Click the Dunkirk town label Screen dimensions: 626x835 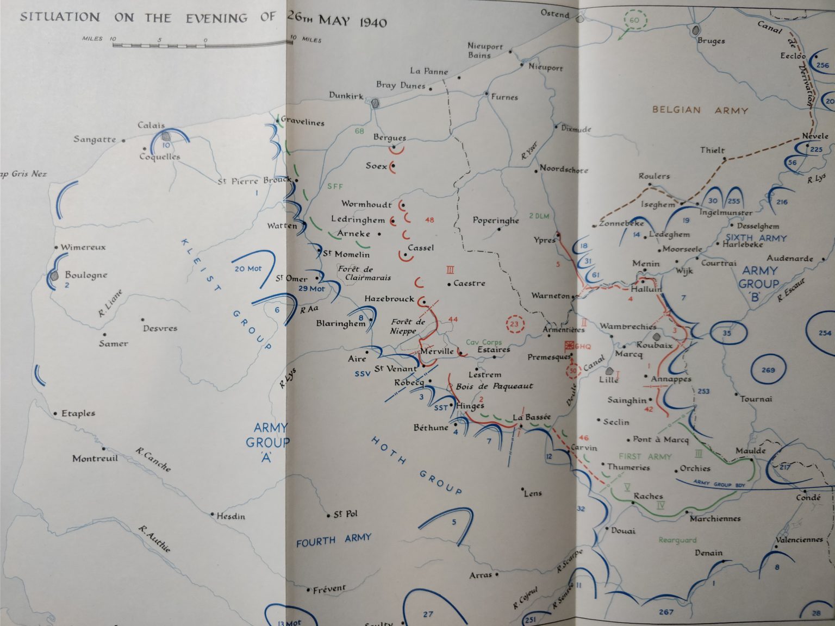tap(346, 96)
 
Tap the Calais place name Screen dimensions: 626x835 tap(151, 125)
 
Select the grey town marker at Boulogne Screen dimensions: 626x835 tap(54, 276)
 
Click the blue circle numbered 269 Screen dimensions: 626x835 tap(768, 370)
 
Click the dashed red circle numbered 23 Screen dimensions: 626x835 tap(514, 325)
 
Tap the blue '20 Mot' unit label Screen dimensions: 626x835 tap(248, 268)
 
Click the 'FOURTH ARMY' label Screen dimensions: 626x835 tap(333, 540)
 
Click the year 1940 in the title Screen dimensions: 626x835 tap(373, 22)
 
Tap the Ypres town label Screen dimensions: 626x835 tap(544, 240)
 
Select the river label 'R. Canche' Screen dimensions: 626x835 tap(153, 459)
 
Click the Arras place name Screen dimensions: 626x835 tap(481, 574)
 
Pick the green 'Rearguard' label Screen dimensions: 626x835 tap(677, 540)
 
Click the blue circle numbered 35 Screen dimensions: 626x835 tap(727, 333)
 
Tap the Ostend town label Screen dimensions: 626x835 tap(554, 14)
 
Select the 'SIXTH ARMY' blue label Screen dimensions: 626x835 tap(756, 237)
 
